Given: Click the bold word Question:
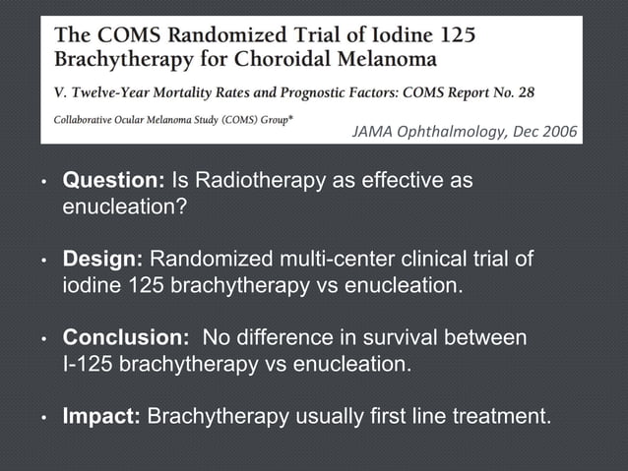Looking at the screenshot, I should tap(114, 182).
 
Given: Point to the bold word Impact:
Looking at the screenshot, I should tap(102, 417).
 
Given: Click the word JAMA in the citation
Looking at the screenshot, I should tap(360, 132).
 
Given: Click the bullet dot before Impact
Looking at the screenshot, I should tap(43, 419).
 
